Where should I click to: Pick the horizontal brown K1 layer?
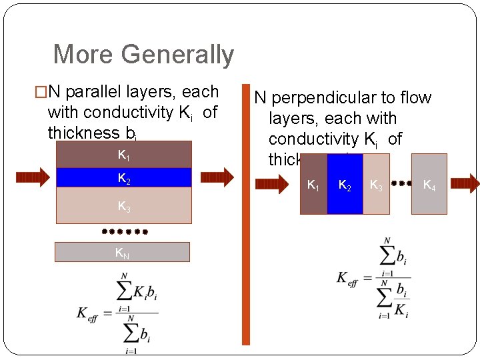(124, 155)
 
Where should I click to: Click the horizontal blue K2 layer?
(124, 177)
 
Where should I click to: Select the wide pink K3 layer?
(124, 205)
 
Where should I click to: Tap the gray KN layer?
(122, 252)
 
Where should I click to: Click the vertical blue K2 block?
(345, 185)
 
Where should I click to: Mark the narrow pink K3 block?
(376, 185)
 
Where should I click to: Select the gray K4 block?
(429, 185)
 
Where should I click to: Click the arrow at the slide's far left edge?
(33, 177)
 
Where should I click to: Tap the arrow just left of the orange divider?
(219, 177)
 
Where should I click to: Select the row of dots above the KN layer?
(124, 232)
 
